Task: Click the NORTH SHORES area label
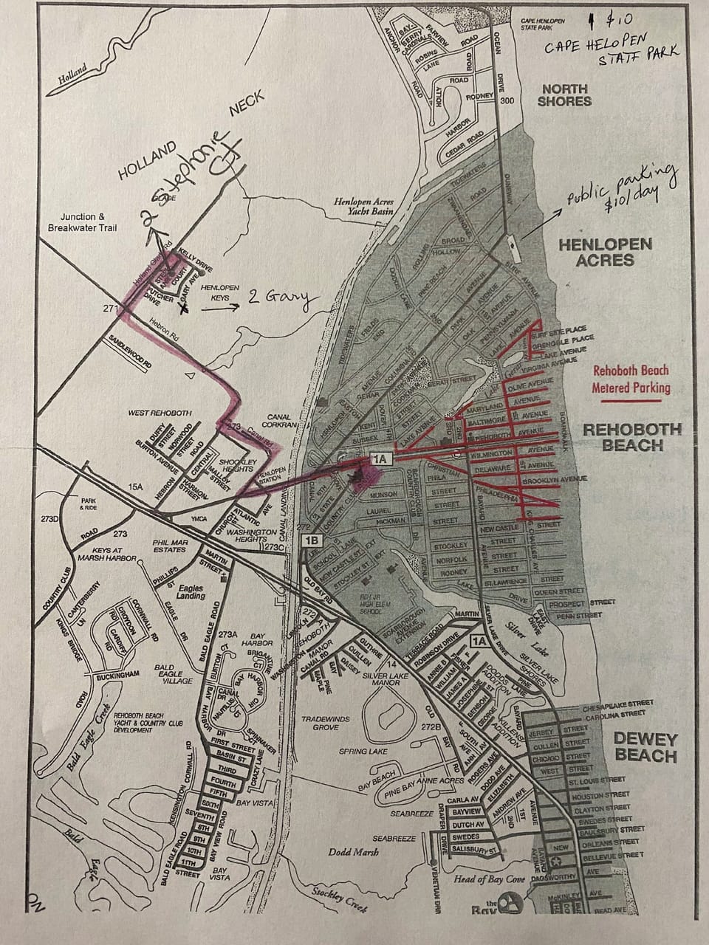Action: coord(564,94)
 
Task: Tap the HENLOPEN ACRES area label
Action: coord(606,252)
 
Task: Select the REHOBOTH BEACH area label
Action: coord(632,436)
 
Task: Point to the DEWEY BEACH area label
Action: coord(645,746)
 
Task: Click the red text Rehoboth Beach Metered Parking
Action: coord(631,380)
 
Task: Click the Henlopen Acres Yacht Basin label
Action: coord(362,206)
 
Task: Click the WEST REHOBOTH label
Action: coord(160,413)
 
